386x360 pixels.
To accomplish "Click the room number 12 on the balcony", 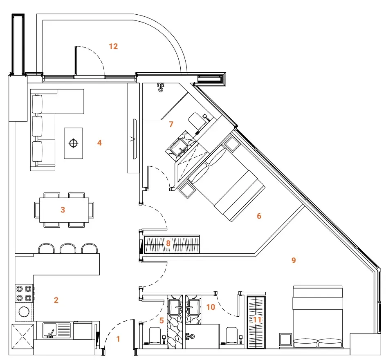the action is pos(113,46).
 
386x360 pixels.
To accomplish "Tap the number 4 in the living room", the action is pos(99,143).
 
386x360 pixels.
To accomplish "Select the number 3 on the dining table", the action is pos(63,210).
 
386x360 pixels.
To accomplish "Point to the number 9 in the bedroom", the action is pos(294,260).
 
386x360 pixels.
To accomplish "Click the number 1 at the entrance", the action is pos(118,339).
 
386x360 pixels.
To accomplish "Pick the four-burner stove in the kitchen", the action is pos(24,293).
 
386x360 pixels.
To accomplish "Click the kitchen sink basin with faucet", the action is pos(50,330).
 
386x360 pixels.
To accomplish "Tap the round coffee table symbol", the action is pos(73,143).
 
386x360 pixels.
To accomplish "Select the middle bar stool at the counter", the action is pos(68,248).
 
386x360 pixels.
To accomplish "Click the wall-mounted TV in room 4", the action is pos(135,139).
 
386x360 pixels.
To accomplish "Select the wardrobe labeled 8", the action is pos(172,244).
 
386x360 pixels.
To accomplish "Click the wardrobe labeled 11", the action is pos(256,322).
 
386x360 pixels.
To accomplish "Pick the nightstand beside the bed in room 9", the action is pos(285,340).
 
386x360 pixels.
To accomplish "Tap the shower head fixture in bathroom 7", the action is pos(161,87).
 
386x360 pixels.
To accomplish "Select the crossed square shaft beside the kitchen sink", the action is pos(22,336).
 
